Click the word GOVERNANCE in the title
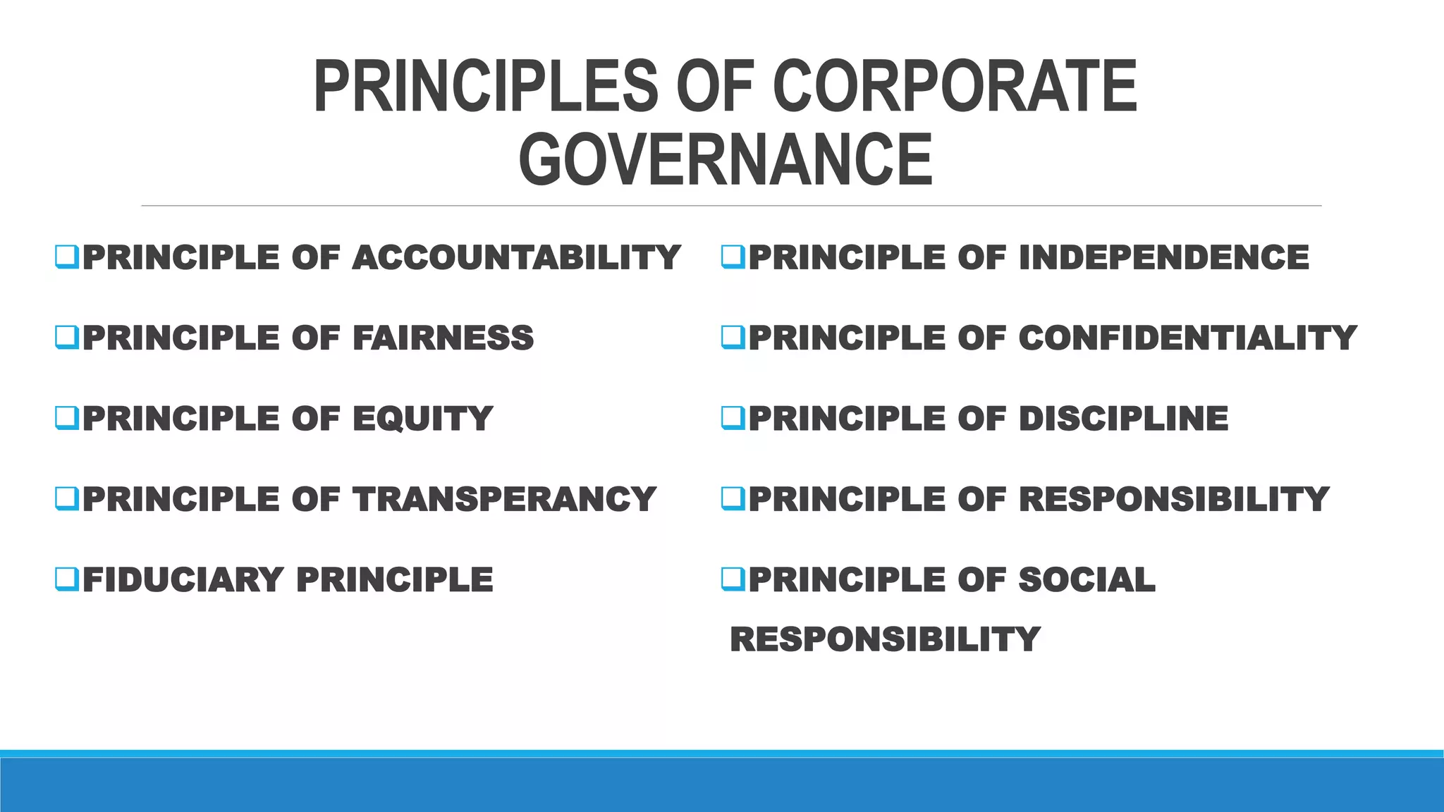coord(726,160)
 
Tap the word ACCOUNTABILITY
coord(516,257)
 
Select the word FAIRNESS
coord(443,338)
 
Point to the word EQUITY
coord(422,419)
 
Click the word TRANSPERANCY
coord(505,499)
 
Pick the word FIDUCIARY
coord(183,579)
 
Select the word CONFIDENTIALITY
coord(1187,338)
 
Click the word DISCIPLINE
coord(1123,419)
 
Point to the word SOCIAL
coord(1087,579)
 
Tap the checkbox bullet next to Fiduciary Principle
coord(66,579)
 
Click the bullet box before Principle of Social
coord(733,579)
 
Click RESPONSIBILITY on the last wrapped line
coord(885,639)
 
